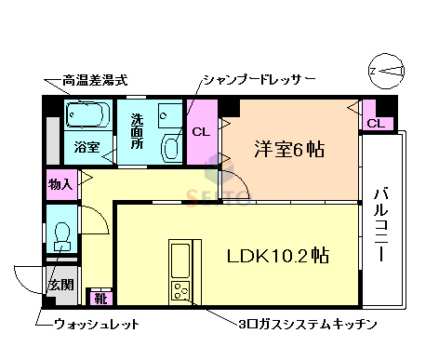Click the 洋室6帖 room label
click(x=290, y=150)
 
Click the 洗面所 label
click(x=137, y=132)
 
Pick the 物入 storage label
click(x=60, y=184)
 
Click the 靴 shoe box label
click(x=100, y=299)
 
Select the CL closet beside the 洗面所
click(x=201, y=132)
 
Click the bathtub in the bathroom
click(x=87, y=116)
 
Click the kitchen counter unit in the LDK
click(x=180, y=271)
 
